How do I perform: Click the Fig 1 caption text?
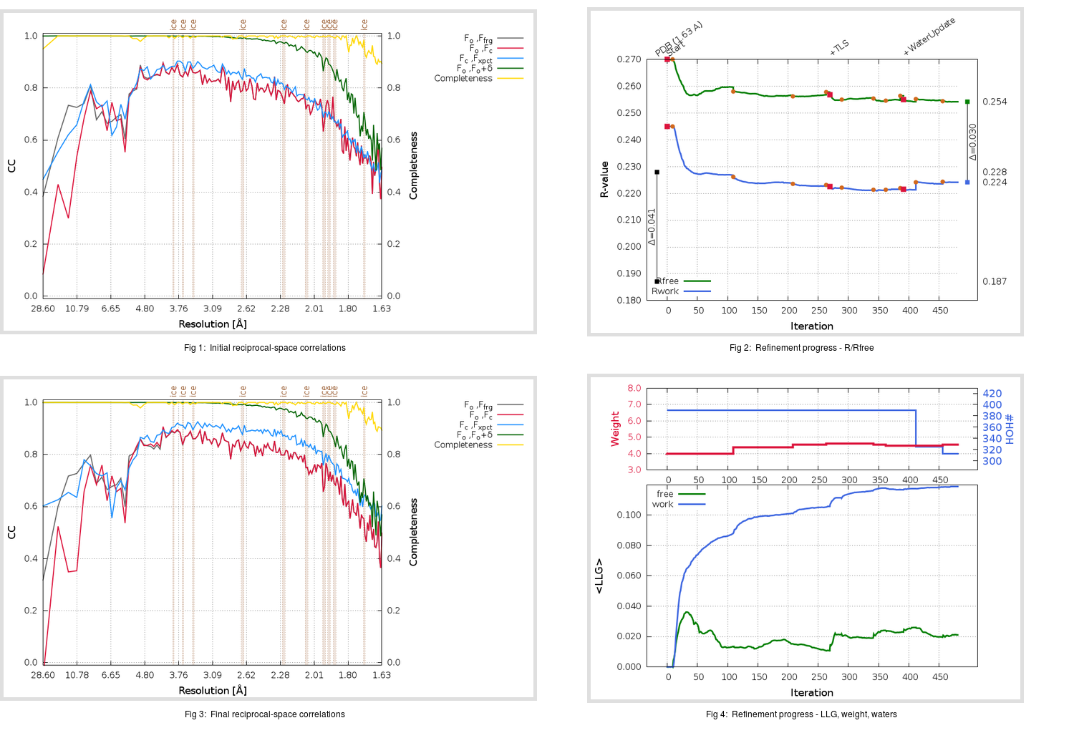(264, 348)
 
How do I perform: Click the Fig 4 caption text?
(801, 714)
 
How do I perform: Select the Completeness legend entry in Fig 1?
(463, 79)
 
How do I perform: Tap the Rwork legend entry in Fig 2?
(665, 291)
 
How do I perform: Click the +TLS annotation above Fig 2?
(839, 48)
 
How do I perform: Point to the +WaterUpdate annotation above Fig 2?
(929, 37)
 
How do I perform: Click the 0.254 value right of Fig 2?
(995, 102)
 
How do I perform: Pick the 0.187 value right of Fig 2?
(995, 281)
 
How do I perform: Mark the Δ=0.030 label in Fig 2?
(973, 142)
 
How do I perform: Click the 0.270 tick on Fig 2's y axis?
(629, 59)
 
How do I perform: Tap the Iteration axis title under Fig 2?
(811, 326)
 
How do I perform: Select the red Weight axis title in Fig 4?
(615, 429)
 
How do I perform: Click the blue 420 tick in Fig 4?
(992, 394)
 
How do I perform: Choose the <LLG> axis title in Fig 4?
(599, 576)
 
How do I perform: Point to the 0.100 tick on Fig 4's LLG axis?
(629, 515)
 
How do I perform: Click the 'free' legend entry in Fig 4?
(665, 494)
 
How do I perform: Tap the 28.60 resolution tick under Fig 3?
(43, 675)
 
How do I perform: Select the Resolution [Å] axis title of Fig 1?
(213, 324)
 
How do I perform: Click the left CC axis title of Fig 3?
(11, 532)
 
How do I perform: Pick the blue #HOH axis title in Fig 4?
(1010, 429)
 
